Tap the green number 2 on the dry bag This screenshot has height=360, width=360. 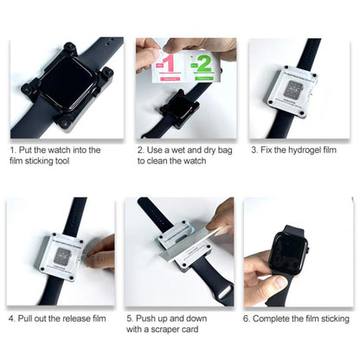[x=203, y=64]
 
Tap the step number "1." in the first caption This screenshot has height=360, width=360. [x=13, y=150]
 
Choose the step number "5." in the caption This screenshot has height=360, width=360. [x=130, y=318]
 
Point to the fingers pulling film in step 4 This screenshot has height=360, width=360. [x=101, y=252]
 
